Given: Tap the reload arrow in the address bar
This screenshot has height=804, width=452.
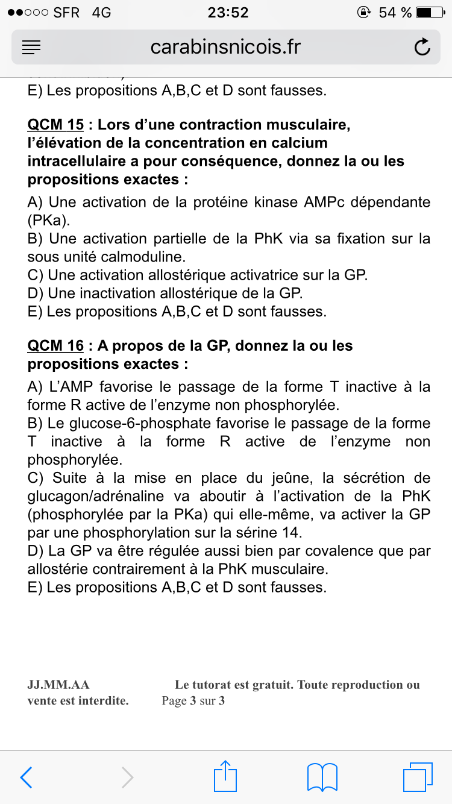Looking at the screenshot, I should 422,47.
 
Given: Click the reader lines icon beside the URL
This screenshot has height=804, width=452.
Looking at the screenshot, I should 31,47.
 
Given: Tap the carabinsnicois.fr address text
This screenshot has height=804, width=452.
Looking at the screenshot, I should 225,47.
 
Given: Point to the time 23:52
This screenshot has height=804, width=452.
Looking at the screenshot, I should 227,12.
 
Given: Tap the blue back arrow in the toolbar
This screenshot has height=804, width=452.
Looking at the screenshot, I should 26,777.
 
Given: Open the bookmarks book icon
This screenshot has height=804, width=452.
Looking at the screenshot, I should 322,777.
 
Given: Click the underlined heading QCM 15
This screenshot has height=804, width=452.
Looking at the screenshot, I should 55,125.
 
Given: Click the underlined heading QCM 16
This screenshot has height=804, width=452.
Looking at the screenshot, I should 55,346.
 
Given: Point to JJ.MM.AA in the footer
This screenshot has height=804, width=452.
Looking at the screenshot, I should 58,685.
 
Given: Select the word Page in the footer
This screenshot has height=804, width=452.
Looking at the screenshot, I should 174,701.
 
